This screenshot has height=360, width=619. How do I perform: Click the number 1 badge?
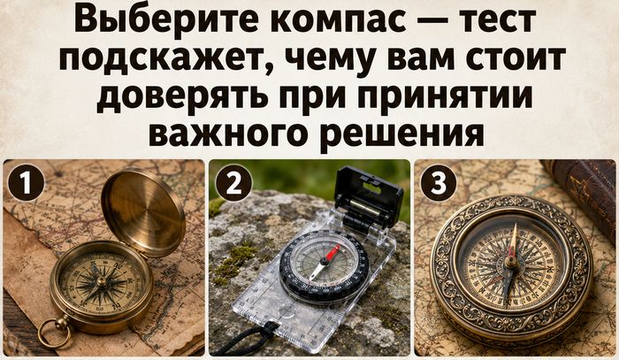click(26, 183)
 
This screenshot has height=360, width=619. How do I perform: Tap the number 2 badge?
click(233, 183)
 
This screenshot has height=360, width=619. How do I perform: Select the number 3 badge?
click(439, 183)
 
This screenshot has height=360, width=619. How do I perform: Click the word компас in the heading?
click(339, 20)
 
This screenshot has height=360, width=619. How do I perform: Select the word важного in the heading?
click(228, 133)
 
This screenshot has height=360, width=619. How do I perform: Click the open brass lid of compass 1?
click(143, 210)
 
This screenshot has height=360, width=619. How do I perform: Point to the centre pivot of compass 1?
click(102, 282)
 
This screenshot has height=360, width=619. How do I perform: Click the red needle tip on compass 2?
click(336, 249)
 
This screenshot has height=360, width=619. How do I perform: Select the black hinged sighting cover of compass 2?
click(368, 200)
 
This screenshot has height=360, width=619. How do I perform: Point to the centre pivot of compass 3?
click(511, 262)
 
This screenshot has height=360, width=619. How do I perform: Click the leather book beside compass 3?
click(581, 195)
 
